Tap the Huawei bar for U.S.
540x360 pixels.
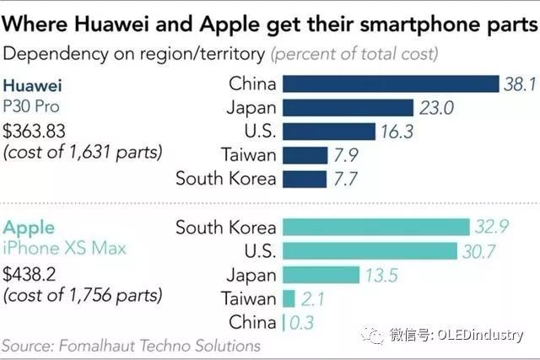coord(328,132)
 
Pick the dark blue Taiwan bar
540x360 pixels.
coord(305,155)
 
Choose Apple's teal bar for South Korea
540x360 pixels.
coord(375,227)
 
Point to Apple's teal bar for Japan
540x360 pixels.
coord(320,275)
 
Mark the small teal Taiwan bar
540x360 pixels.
coord(289,298)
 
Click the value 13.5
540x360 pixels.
coord(381,275)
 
